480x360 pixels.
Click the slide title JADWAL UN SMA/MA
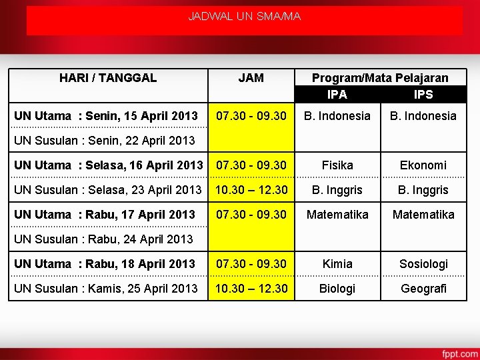pyautogui.click(x=244, y=15)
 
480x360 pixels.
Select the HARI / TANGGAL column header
pyautogui.click(x=108, y=77)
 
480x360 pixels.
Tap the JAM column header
pyautogui.click(x=251, y=78)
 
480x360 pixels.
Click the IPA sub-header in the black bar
pyautogui.click(x=337, y=95)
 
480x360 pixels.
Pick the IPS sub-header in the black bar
pyautogui.click(x=423, y=95)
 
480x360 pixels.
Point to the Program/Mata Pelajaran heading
pyautogui.click(x=380, y=78)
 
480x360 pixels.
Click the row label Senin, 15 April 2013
pyautogui.click(x=106, y=116)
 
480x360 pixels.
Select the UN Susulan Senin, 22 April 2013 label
pyautogui.click(x=105, y=141)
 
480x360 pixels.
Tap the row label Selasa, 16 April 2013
pyautogui.click(x=109, y=165)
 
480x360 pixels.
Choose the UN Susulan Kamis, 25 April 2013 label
pyautogui.click(x=106, y=289)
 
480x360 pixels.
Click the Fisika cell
pyautogui.click(x=337, y=165)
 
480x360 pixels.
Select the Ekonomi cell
pyautogui.click(x=423, y=165)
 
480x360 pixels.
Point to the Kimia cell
pyautogui.click(x=337, y=264)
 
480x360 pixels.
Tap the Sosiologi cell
pyautogui.click(x=423, y=264)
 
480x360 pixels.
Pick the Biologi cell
pyautogui.click(x=337, y=289)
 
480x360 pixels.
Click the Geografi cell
pyautogui.click(x=423, y=289)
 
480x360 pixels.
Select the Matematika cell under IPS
pyautogui.click(x=423, y=215)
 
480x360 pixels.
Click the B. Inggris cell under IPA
pyautogui.click(x=337, y=190)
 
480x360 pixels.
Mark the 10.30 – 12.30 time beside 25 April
pyautogui.click(x=251, y=289)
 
